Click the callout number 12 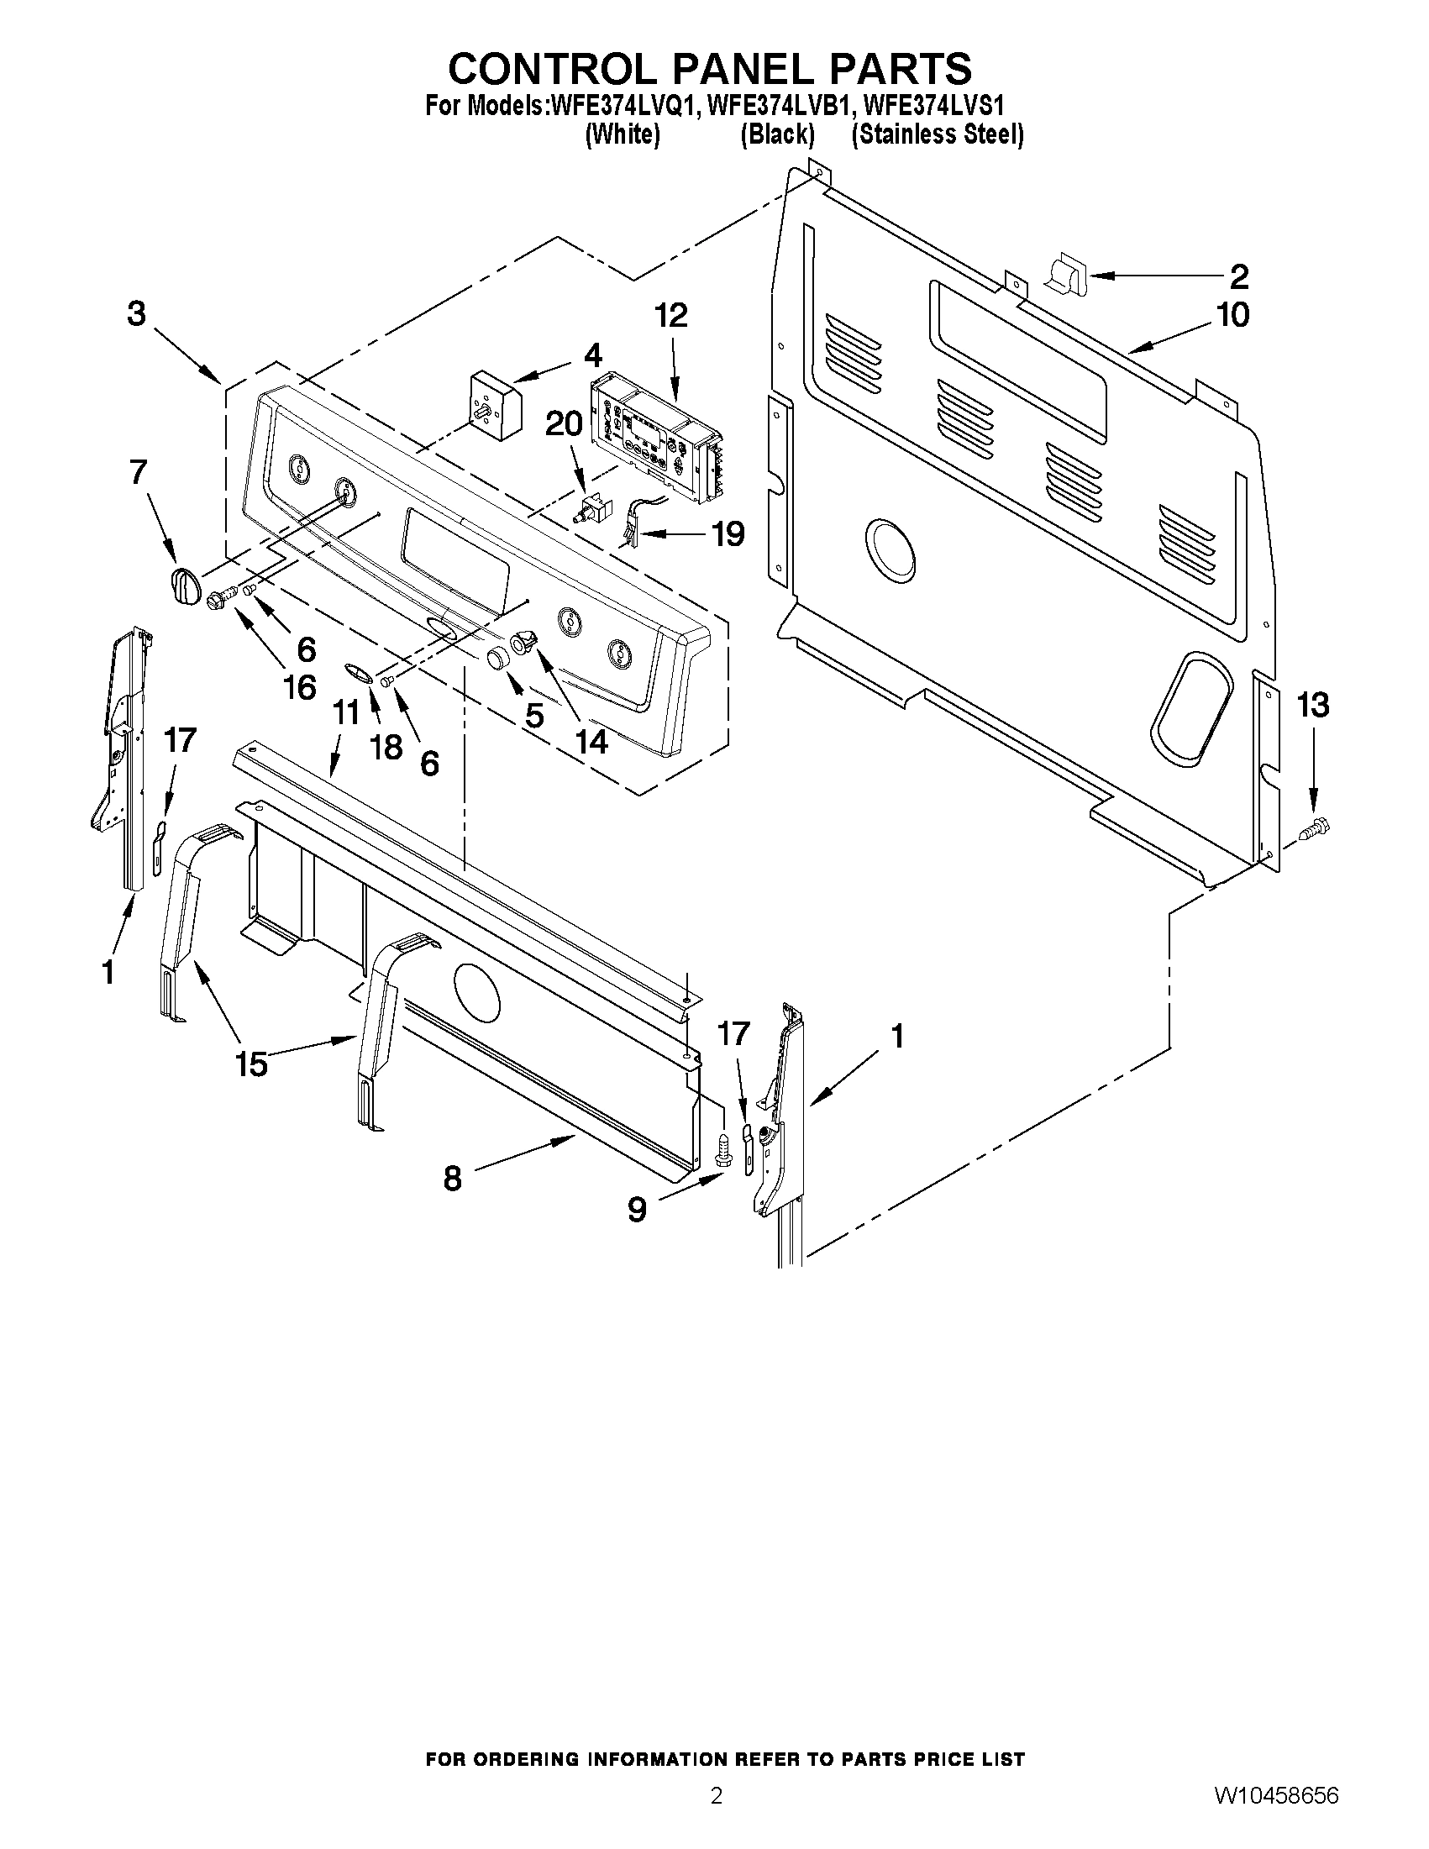click(x=670, y=316)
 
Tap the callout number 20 click(x=564, y=423)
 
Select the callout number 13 click(x=1313, y=704)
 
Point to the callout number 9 click(x=637, y=1210)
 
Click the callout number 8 click(x=453, y=1178)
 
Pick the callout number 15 click(x=251, y=1064)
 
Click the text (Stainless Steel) click(x=938, y=134)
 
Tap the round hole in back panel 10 click(x=889, y=553)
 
